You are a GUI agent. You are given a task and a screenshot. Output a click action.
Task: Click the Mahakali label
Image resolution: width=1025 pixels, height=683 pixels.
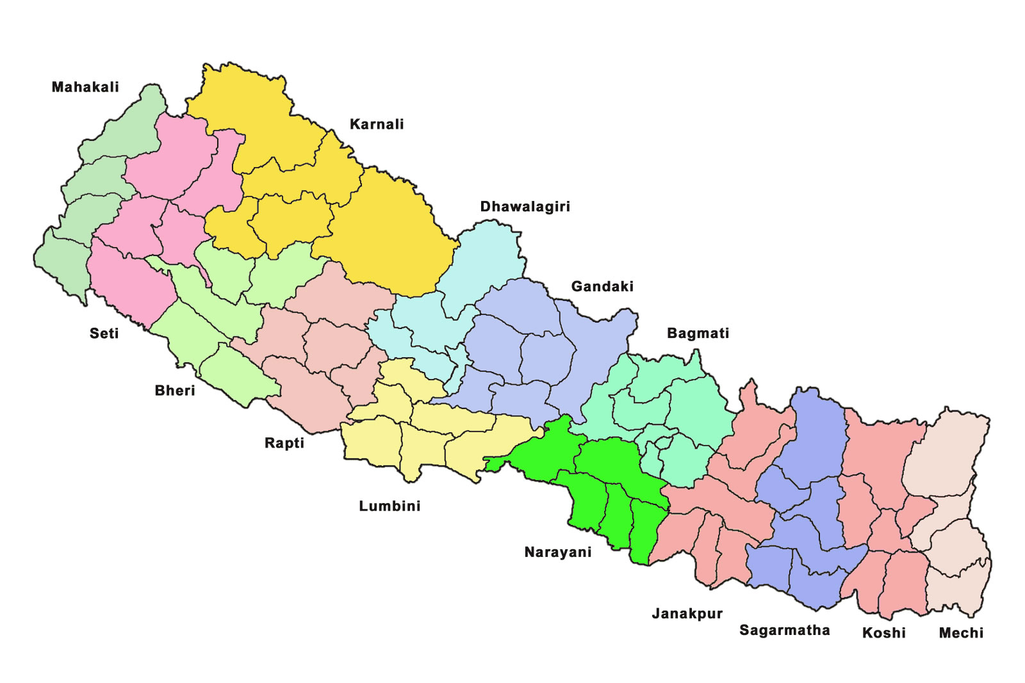[85, 87]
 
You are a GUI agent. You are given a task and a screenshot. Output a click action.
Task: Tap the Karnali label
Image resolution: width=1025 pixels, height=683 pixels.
[377, 124]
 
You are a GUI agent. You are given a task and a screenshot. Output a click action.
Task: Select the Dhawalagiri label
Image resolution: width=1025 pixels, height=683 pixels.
[525, 207]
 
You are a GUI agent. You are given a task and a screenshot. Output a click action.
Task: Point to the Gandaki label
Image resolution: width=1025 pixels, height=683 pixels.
[602, 286]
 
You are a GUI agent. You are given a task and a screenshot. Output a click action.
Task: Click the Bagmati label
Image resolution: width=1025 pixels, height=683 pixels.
[698, 333]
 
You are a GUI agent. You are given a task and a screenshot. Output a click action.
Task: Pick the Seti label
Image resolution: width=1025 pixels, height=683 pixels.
[104, 333]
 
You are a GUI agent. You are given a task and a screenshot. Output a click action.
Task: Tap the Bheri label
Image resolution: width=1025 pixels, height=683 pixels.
[175, 390]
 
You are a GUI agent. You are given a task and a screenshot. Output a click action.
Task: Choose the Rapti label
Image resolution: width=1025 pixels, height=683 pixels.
[284, 443]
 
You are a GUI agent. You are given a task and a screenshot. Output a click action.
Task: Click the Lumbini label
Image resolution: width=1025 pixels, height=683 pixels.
[389, 506]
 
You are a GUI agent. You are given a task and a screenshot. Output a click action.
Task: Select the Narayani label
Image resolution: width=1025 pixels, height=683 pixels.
[558, 552]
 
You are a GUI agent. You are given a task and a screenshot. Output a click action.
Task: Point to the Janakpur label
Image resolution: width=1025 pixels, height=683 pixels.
[687, 613]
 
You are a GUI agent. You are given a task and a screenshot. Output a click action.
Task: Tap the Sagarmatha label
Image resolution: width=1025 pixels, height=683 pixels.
[784, 630]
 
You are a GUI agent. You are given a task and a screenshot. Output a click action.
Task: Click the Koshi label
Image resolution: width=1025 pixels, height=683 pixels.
[883, 632]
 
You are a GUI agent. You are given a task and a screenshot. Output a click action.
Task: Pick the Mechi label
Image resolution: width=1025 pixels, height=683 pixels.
[961, 632]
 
